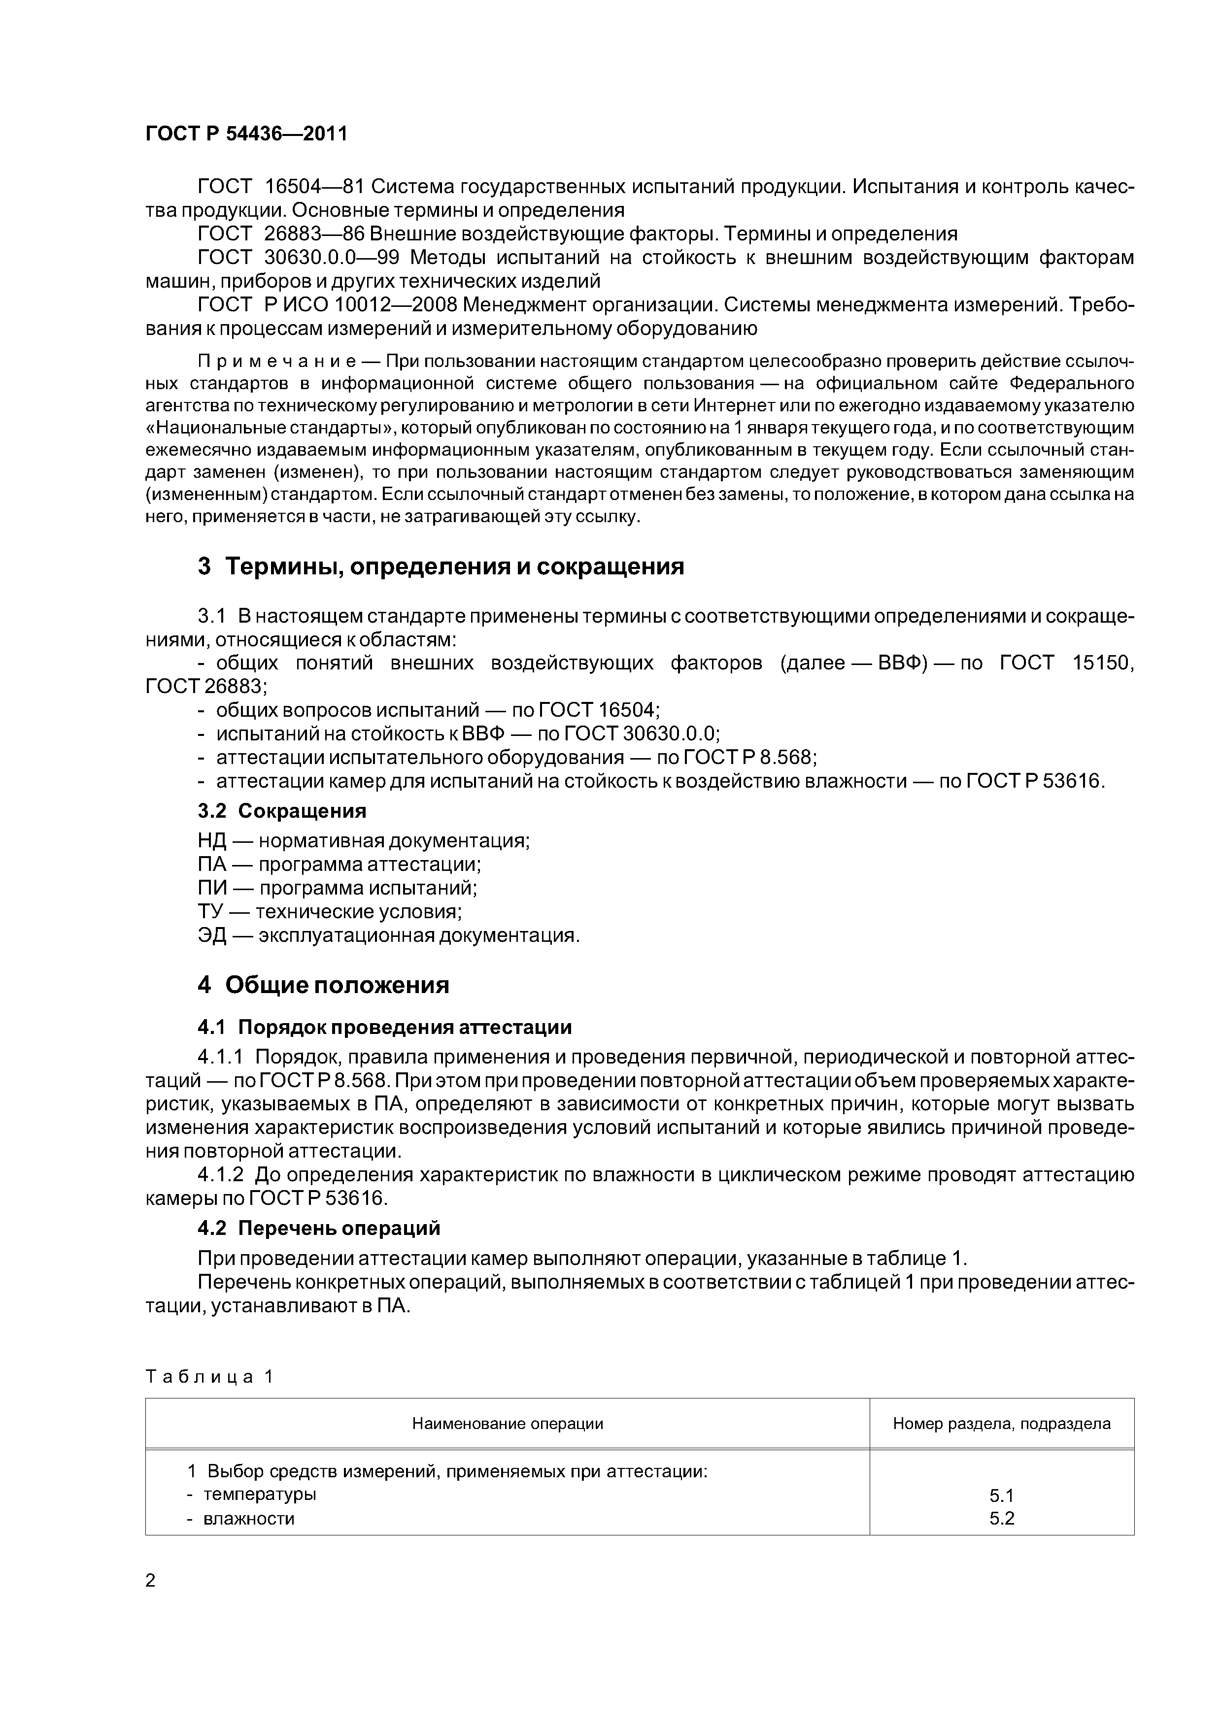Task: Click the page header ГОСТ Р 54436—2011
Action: pos(246,134)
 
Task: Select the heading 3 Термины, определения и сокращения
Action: pos(441,566)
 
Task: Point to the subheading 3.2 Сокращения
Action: pos(281,811)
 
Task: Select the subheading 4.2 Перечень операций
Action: pos(318,1228)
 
